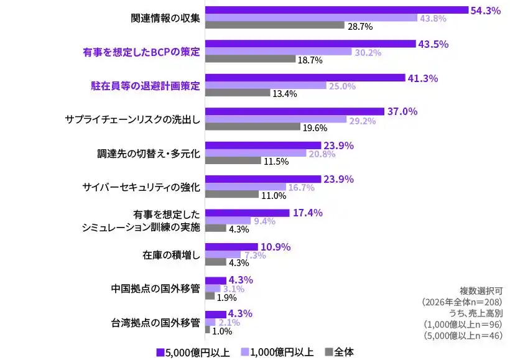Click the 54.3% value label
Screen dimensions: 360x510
486,11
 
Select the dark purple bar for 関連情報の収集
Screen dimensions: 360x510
336,10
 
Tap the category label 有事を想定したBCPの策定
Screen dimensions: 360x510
141,52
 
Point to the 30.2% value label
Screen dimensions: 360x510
368,53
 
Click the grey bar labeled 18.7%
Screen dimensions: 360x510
250,60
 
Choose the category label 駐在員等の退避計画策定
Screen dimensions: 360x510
141,86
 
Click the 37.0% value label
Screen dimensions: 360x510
402,112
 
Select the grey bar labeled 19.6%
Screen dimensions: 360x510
253,127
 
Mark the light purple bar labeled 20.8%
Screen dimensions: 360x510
256,153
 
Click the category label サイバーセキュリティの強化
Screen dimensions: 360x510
141,187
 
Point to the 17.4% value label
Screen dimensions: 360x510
307,213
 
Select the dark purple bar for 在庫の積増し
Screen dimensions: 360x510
231,247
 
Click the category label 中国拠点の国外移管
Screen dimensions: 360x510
155,288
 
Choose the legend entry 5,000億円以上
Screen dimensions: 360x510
193,352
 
